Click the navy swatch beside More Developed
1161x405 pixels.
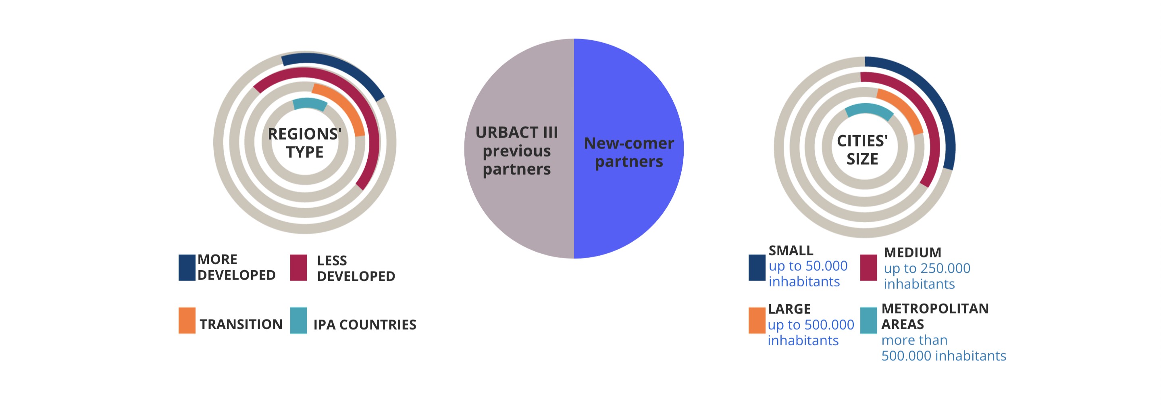click(187, 267)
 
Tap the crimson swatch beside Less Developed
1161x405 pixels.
click(298, 267)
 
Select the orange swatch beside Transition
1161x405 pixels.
click(187, 320)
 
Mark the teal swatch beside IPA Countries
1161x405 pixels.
click(298, 320)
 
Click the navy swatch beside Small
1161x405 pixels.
click(757, 267)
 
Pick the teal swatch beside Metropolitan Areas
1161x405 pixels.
click(868, 320)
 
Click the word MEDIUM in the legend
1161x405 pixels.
click(912, 252)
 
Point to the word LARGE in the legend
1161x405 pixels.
click(789, 309)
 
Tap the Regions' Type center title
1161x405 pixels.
click(305, 142)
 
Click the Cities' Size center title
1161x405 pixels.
click(862, 150)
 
